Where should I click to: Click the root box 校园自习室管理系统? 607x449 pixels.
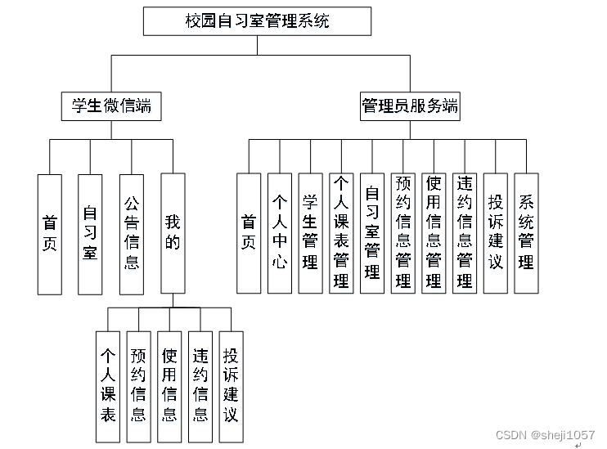tap(256, 21)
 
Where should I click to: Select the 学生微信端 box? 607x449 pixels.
tap(111, 106)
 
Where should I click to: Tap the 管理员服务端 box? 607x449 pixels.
tap(409, 106)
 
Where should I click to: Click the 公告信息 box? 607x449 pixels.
tap(131, 233)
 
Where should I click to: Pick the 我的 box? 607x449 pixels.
tap(172, 233)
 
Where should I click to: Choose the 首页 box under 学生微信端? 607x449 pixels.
tap(49, 233)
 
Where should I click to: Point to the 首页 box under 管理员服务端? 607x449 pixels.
tap(249, 233)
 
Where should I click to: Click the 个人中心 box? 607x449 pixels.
tap(279, 233)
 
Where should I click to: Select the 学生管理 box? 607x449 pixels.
tap(310, 233)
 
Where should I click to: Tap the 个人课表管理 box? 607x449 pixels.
tap(341, 233)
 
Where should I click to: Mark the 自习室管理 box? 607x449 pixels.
tap(372, 233)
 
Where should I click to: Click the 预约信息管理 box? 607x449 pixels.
tap(402, 233)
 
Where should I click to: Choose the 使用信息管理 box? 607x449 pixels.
tap(434, 233)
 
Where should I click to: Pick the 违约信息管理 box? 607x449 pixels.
tap(465, 233)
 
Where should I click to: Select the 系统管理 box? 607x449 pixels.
tap(526, 233)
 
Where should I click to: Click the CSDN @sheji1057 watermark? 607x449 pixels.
tap(541, 434)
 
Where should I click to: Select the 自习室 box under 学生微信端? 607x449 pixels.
tap(90, 233)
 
